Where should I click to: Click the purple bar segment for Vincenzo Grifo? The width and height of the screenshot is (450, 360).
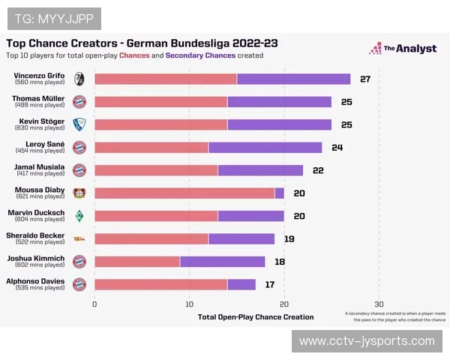(293, 79)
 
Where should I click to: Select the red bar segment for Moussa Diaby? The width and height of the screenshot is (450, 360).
(184, 193)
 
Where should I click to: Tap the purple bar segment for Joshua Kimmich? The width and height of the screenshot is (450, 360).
(222, 262)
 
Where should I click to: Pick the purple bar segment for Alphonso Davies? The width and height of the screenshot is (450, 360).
(241, 284)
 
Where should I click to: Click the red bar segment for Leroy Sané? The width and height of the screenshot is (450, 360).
(151, 147)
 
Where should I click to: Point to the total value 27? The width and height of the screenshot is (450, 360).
(365, 79)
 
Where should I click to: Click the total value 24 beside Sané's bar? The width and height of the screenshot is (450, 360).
(337, 147)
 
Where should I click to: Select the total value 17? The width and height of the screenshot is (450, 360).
(270, 284)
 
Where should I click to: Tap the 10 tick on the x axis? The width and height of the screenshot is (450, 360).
(190, 304)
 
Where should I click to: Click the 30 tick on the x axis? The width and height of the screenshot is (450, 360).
(379, 304)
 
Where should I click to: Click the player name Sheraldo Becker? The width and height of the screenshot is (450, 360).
(36, 235)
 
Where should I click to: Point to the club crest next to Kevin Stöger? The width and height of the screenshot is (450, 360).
(79, 124)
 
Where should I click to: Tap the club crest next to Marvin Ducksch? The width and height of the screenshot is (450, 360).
(79, 216)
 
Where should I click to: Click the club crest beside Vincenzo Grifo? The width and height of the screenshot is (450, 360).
(79, 79)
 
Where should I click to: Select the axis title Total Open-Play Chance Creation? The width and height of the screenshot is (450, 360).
(256, 317)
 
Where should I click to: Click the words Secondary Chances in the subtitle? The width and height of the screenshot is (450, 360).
(200, 55)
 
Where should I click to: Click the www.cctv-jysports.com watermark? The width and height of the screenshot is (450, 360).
(367, 341)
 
